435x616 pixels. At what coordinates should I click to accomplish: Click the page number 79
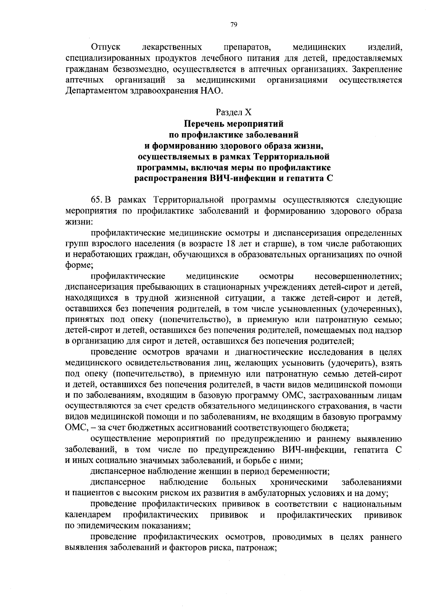tap(233, 24)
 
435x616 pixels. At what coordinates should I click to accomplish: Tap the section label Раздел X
tap(233, 112)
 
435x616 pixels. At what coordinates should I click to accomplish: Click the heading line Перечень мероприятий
tap(233, 123)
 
